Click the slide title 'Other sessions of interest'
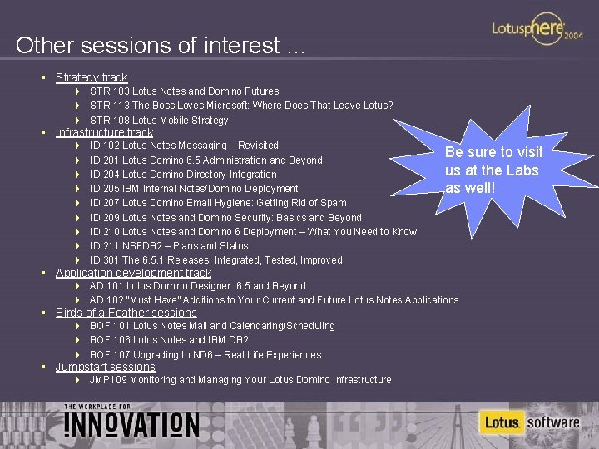coord(161,45)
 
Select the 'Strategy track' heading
coord(92,77)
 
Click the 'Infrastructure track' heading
coord(104,132)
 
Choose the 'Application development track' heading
coord(133,273)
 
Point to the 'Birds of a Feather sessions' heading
coord(126,313)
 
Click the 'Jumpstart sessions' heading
coord(105,367)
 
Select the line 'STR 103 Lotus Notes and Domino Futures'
coord(184,91)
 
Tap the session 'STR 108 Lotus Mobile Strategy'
coord(158,121)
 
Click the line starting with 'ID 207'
coord(217,203)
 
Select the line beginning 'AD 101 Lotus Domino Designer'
coord(197,286)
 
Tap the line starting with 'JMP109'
coord(240,380)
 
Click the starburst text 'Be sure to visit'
coord(493,152)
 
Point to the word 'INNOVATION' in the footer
coord(131,424)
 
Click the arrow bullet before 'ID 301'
coord(77,260)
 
